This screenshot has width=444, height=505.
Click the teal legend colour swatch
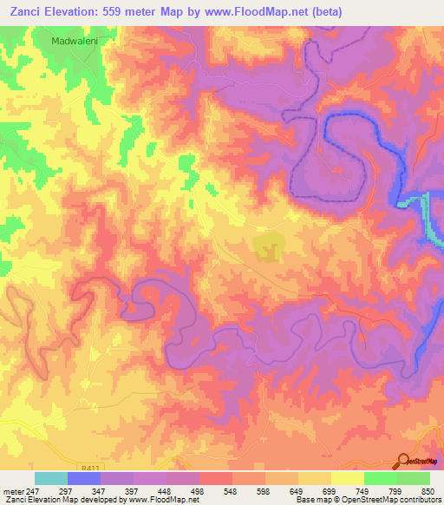(x=51, y=478)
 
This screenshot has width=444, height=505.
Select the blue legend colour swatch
(x=84, y=478)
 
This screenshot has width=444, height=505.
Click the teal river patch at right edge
(x=429, y=217)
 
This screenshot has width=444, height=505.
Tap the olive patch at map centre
(x=269, y=246)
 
